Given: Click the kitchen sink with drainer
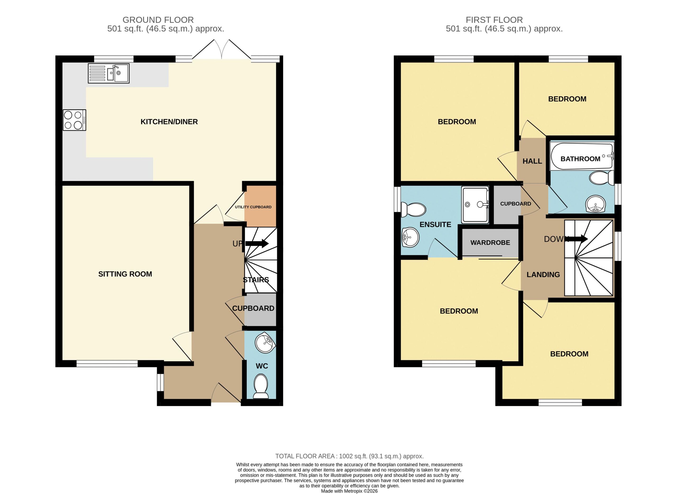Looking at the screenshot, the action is (x=108, y=73).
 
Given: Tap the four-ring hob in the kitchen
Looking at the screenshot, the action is (x=74, y=120).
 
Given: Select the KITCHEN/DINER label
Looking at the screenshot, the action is (x=169, y=122).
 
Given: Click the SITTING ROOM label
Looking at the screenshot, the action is (x=125, y=274).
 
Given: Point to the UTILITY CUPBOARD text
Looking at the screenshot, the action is (x=253, y=207).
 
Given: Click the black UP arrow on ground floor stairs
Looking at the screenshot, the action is (x=257, y=243).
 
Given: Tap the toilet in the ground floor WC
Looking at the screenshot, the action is (x=261, y=387).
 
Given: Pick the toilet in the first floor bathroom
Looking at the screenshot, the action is (x=601, y=178).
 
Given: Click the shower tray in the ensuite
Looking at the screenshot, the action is (x=475, y=205).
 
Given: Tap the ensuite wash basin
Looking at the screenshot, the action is (x=411, y=237).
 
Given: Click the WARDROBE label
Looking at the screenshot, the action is (x=490, y=243).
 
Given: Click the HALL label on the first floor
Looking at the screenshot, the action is (x=532, y=161).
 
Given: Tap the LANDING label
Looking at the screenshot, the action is (x=543, y=274).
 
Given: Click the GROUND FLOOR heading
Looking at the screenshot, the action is (x=158, y=20).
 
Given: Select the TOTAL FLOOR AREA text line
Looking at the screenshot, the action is (x=349, y=456).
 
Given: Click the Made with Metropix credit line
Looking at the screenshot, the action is (x=349, y=491).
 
